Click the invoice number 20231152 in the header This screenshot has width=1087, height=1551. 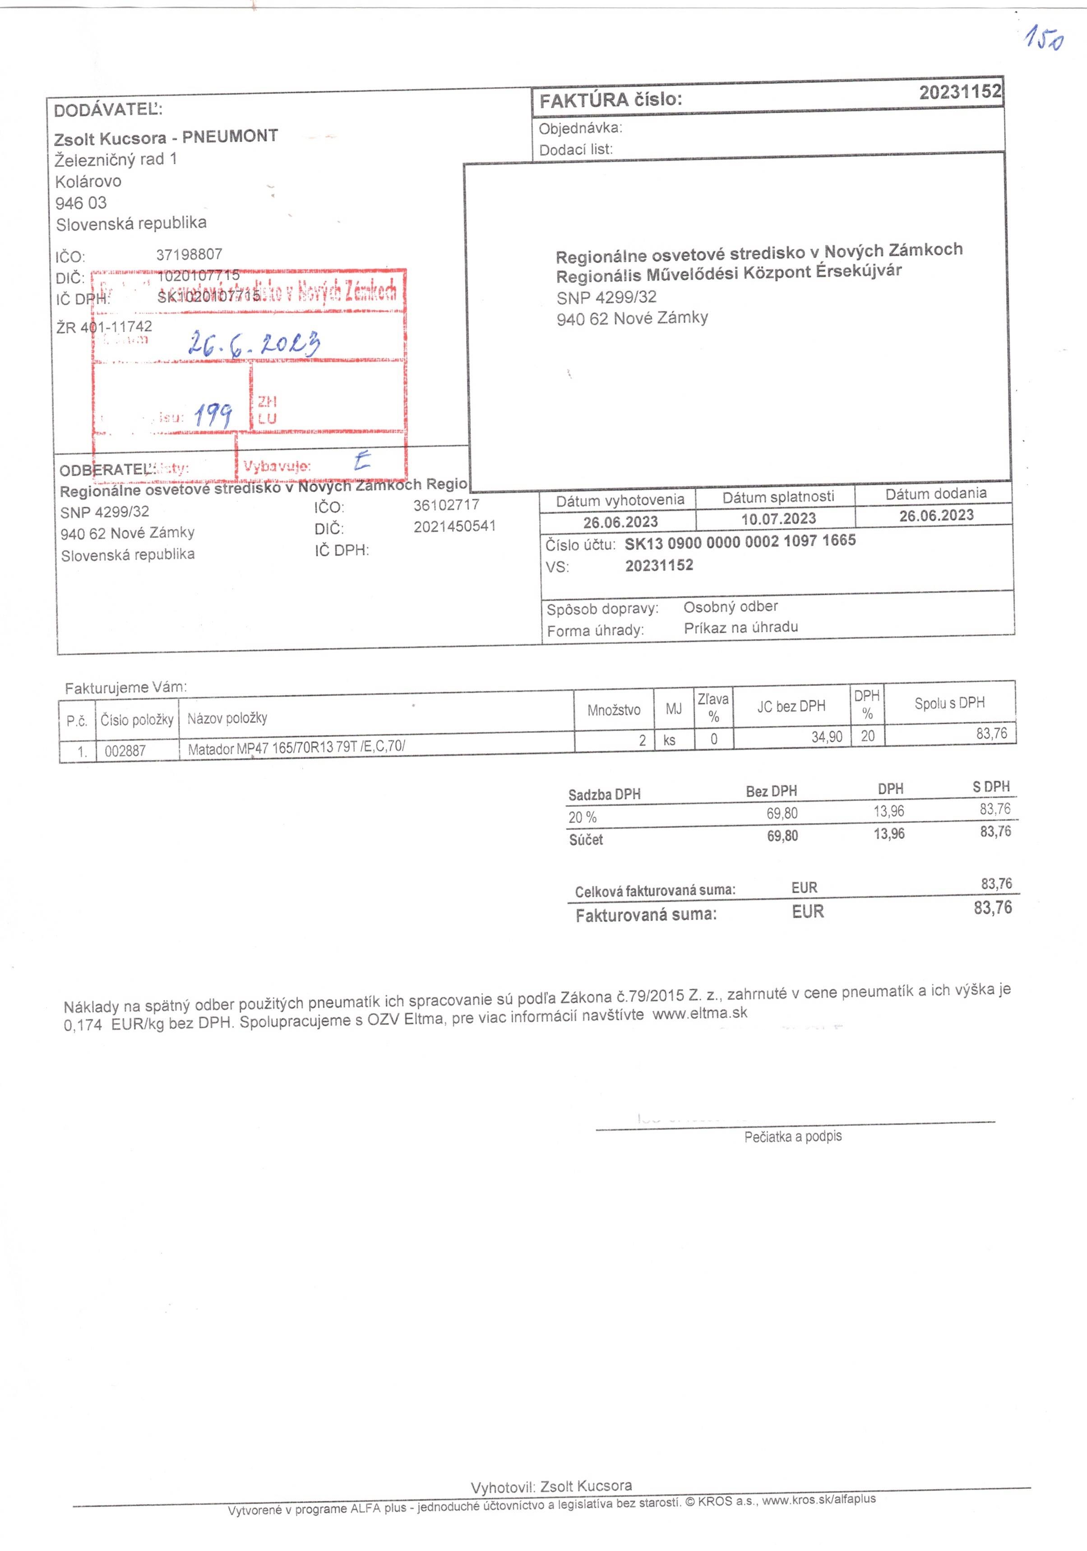pyautogui.click(x=959, y=92)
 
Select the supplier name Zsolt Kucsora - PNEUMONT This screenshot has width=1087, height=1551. pyautogui.click(x=166, y=137)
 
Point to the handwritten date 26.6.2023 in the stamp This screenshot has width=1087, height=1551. pyautogui.click(x=253, y=343)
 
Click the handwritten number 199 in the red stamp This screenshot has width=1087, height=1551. pyautogui.click(x=213, y=414)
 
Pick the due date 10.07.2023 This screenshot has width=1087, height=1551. pyautogui.click(x=778, y=519)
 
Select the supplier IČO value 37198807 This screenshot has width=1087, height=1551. pyautogui.click(x=189, y=255)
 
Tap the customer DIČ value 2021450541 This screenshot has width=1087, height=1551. pyautogui.click(x=455, y=526)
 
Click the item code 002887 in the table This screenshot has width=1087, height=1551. pyautogui.click(x=125, y=750)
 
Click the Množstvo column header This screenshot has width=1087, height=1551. pyautogui.click(x=613, y=710)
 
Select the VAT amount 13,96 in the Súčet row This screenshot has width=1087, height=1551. pyautogui.click(x=888, y=833)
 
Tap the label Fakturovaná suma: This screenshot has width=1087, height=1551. pyautogui.click(x=646, y=915)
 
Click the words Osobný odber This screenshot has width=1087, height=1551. pyautogui.click(x=730, y=607)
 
